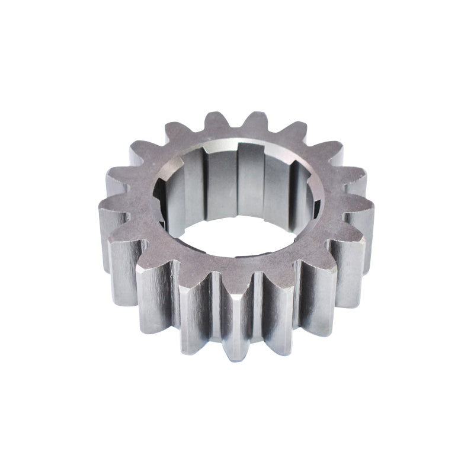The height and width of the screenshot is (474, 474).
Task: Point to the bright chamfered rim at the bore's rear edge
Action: click(237, 143)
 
